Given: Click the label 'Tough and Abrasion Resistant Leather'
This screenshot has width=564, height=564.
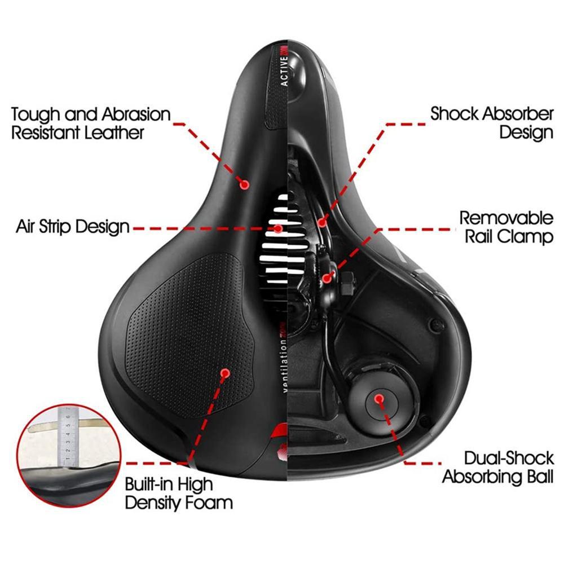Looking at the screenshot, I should coord(90,123).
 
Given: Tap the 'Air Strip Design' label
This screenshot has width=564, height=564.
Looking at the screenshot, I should coord(73,227).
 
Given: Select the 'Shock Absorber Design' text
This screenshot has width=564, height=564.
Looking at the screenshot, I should coord(492,123).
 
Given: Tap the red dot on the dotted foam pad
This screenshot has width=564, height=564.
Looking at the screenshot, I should coord(225,373).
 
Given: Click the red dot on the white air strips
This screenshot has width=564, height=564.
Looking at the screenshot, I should coord(277,228).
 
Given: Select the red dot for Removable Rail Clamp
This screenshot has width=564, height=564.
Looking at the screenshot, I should coord(327,277).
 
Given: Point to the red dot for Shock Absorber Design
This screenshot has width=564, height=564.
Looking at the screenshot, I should coord(322,222).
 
